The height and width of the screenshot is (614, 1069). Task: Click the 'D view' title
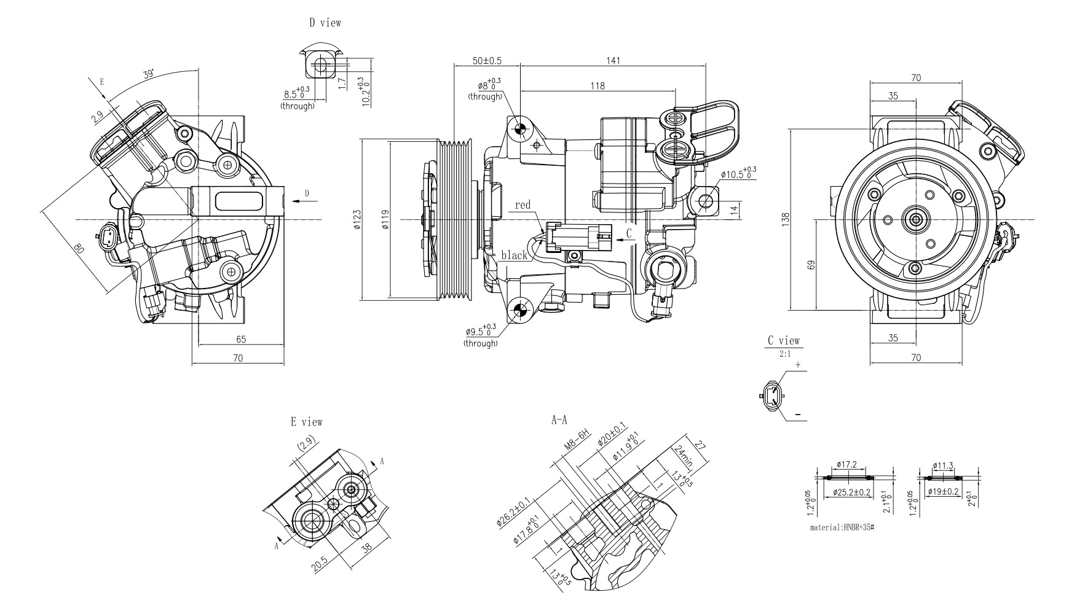click(325, 23)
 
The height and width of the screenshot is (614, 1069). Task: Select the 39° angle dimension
click(148, 75)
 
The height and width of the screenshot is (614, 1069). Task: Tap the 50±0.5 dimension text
click(487, 61)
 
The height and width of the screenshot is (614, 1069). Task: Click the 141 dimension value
click(613, 61)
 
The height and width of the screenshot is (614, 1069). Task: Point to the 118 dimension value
click(597, 86)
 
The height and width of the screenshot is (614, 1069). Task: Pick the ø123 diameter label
click(358, 220)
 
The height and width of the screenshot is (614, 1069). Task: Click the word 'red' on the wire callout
click(523, 205)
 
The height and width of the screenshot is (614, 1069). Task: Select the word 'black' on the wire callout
click(514, 255)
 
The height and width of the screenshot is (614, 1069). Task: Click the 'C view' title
click(784, 340)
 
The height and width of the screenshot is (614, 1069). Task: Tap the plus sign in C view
click(798, 365)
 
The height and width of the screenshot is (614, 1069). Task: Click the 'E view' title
click(306, 422)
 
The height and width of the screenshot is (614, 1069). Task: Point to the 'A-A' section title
click(559, 421)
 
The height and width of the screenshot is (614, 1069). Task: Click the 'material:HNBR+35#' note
click(842, 527)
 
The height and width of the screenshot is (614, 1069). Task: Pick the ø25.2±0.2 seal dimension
click(851, 492)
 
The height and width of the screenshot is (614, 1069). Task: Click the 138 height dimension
click(786, 219)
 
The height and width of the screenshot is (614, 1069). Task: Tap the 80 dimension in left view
click(79, 249)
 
